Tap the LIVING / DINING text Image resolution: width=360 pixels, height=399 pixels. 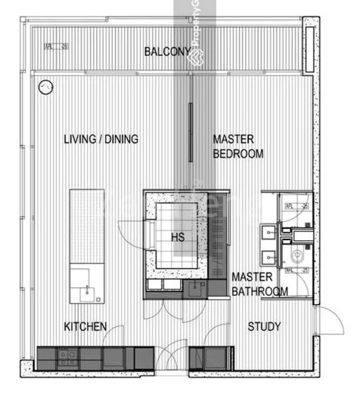[101, 139]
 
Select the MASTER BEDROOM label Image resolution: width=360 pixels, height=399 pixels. [238, 146]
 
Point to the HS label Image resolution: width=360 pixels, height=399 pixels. [177, 237]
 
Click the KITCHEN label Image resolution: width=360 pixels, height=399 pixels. [85, 327]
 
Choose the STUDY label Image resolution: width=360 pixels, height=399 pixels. [264, 327]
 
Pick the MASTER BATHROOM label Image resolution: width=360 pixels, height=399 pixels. [259, 284]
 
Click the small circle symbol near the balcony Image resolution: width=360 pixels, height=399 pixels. [45, 86]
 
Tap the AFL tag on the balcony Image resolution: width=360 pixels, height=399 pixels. [56, 47]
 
